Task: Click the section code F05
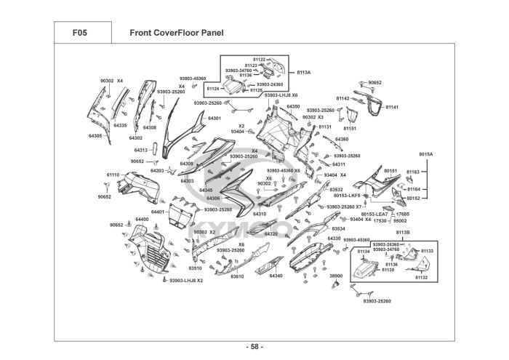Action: point(81,33)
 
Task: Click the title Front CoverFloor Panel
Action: point(176,33)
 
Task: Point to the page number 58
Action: point(254,346)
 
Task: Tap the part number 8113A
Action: point(303,73)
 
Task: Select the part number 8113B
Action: point(402,232)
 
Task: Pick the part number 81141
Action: point(392,107)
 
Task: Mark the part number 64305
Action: point(95,136)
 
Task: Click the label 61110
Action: point(113,175)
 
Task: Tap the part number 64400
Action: point(141,219)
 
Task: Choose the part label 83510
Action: point(196,268)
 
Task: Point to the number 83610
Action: point(237,276)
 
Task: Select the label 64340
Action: point(276,276)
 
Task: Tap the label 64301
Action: point(215,118)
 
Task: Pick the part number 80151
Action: point(390,171)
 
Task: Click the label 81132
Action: point(421,278)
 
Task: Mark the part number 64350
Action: point(293,106)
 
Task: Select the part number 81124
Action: point(213,88)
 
